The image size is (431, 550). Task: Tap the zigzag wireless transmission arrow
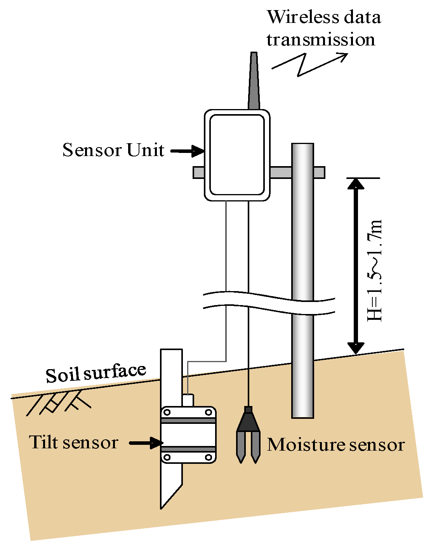click(307, 64)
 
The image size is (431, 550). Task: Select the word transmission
click(321, 40)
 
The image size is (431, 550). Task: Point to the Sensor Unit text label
click(113, 150)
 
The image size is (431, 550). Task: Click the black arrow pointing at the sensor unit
click(187, 151)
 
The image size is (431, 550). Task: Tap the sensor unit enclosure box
click(237, 155)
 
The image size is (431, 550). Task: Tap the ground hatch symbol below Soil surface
click(58, 404)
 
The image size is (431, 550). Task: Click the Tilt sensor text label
click(74, 442)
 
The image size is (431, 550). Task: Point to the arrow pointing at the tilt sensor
click(146, 443)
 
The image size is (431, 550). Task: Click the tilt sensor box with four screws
click(188, 435)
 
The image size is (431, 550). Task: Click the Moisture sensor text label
click(335, 445)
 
